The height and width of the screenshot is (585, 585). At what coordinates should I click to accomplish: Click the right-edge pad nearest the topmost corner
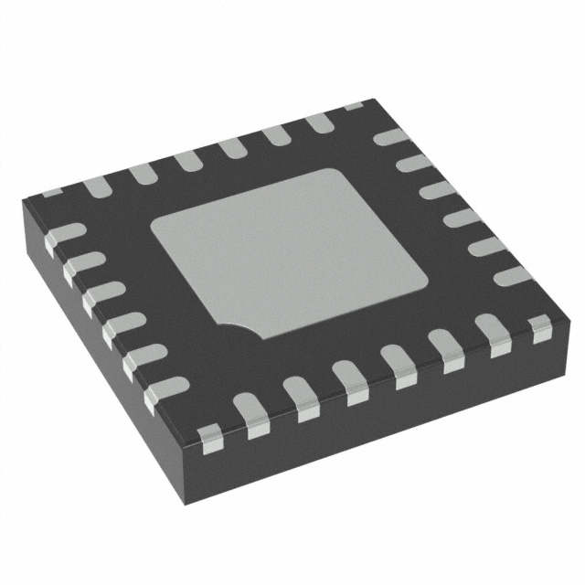(390, 137)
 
